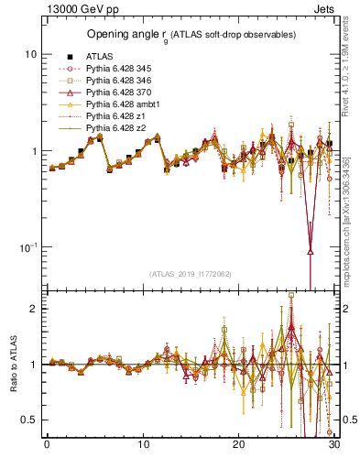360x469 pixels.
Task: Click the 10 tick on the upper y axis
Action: [x=29, y=54]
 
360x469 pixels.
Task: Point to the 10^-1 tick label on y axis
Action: [x=27, y=247]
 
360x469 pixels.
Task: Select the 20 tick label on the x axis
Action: [x=239, y=446]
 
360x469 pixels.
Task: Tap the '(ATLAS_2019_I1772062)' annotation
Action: [x=190, y=272]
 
